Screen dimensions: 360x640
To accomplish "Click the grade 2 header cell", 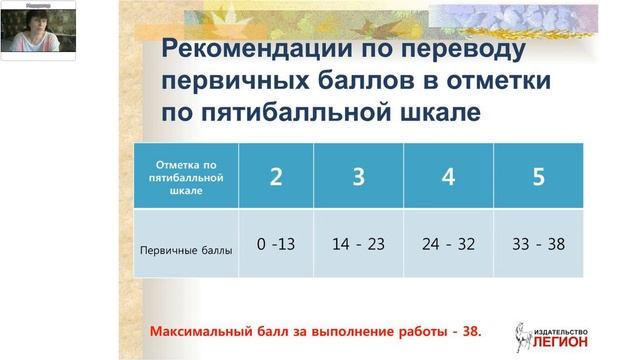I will pyautogui.click(x=275, y=176).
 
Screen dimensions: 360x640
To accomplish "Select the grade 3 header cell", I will pyautogui.click(x=358, y=176).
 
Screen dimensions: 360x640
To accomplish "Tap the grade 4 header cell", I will pyautogui.click(x=448, y=176).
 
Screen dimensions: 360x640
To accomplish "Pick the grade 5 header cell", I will pyautogui.click(x=539, y=176).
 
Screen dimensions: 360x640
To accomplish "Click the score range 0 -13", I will pyautogui.click(x=275, y=243).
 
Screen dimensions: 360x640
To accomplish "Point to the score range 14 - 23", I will pyautogui.click(x=358, y=243).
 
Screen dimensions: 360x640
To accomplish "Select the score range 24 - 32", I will pyautogui.click(x=448, y=243).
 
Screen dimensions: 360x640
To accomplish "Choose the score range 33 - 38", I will pyautogui.click(x=539, y=243).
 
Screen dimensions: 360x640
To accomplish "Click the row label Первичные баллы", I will pyautogui.click(x=187, y=250).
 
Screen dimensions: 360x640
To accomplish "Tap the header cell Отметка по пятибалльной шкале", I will pyautogui.click(x=187, y=176).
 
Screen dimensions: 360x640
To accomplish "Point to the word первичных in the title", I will pyautogui.click(x=232, y=81).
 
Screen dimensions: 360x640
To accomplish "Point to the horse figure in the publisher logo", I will pyautogui.click(x=522, y=336).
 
